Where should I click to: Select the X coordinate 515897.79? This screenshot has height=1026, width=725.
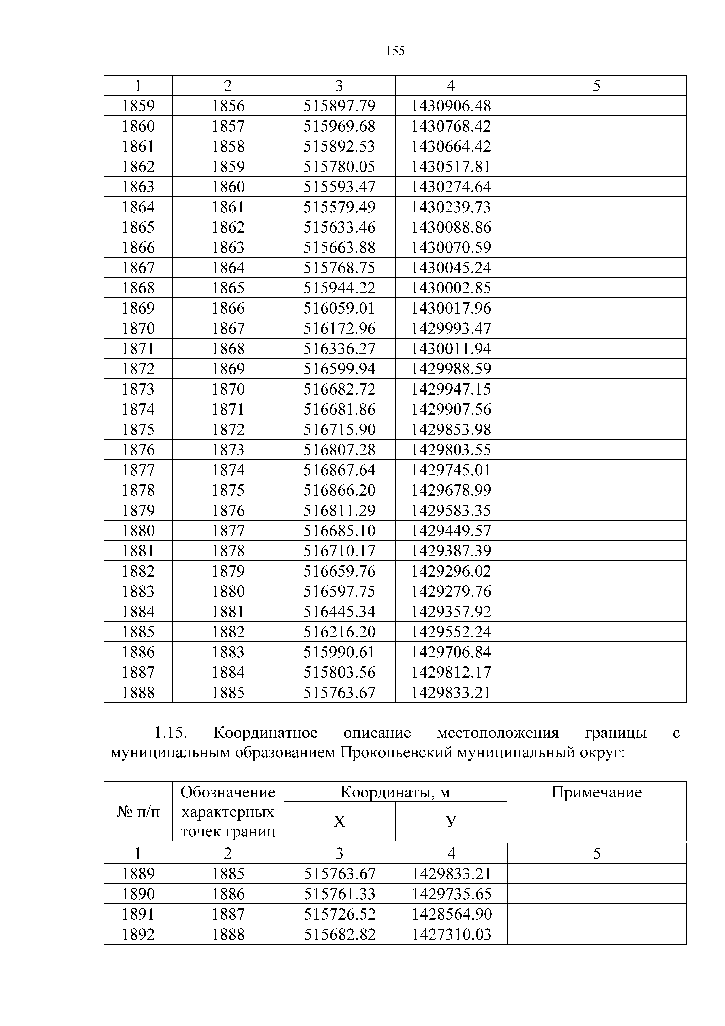click(339, 106)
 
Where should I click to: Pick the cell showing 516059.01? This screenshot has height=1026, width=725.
click(339, 308)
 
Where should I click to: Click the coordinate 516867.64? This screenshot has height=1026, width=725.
click(339, 470)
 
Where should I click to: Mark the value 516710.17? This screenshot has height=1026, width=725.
click(339, 551)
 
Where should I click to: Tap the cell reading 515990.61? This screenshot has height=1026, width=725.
click(339, 652)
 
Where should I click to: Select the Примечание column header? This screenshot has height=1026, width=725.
click(596, 792)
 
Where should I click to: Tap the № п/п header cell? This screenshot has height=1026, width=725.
click(138, 811)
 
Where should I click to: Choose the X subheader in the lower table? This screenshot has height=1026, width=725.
click(339, 821)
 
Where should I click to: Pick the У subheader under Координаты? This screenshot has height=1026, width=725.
click(451, 821)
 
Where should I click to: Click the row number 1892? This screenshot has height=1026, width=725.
click(138, 934)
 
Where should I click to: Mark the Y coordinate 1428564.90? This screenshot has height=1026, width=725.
click(451, 914)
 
